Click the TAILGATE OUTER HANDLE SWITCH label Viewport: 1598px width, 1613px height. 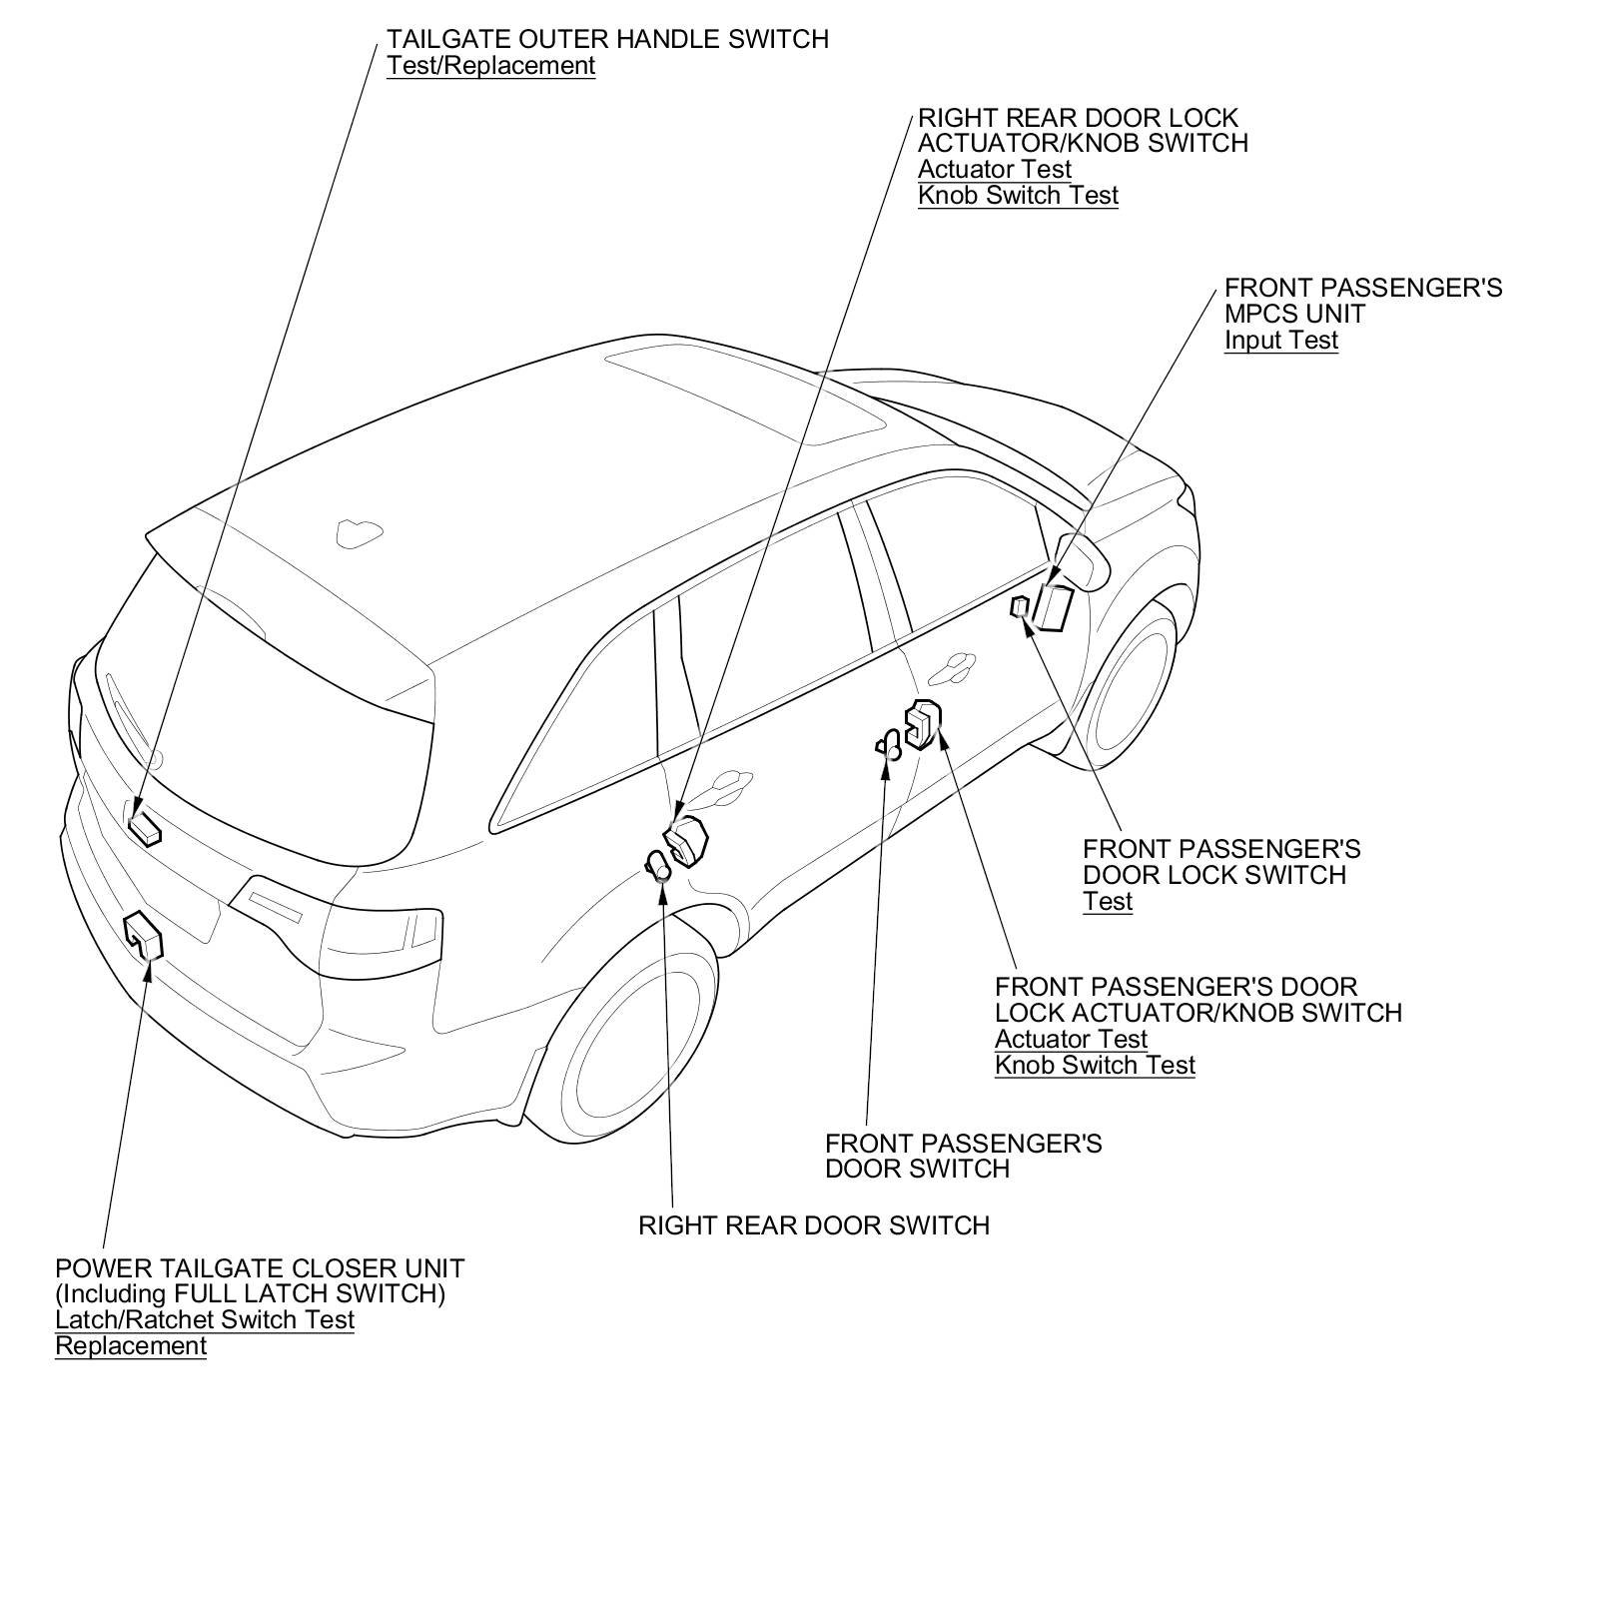pos(607,40)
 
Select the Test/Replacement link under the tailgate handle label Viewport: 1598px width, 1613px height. pos(490,66)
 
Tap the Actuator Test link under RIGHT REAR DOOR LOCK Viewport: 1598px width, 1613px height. pos(994,170)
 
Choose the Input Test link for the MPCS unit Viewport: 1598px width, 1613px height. pos(1280,341)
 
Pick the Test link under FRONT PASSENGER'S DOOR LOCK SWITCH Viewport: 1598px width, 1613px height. pos(1107,902)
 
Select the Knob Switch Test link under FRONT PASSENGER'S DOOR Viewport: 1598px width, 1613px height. pos(1095,1066)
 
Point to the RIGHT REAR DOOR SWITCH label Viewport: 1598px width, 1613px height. pos(813,1225)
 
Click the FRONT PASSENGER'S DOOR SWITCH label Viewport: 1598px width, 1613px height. pos(963,1156)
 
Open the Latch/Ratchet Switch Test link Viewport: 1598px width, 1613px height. pos(205,1320)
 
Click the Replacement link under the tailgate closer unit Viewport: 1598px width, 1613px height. pos(131,1346)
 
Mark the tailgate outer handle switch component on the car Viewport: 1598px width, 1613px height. pos(145,828)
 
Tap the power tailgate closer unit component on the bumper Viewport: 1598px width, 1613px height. pos(143,935)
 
